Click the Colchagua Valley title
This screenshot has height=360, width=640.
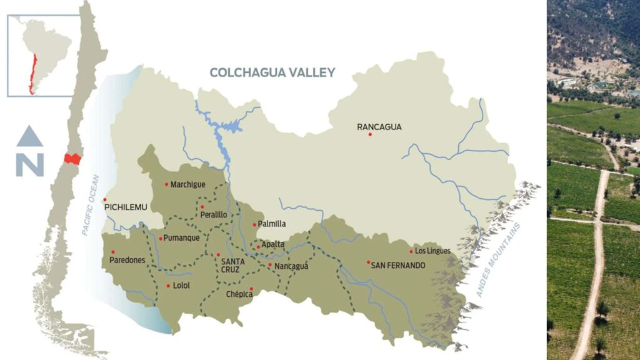click(272, 72)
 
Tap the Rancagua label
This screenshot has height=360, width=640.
click(379, 127)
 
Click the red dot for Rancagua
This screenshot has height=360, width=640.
click(370, 134)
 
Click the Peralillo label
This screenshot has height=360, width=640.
click(213, 214)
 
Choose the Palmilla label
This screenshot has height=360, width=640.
click(272, 224)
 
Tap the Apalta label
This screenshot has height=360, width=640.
click(273, 244)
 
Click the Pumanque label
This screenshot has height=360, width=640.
click(182, 238)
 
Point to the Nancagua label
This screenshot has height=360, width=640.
click(292, 266)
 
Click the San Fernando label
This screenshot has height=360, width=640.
click(398, 266)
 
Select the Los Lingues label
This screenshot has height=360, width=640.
click(432, 251)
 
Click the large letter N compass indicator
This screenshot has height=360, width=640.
click(30, 165)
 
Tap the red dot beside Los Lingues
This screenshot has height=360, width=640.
click(411, 252)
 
